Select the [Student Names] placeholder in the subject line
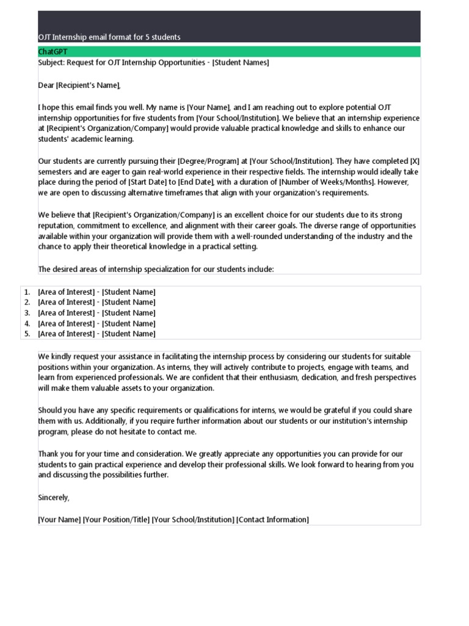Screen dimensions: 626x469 (x=240, y=62)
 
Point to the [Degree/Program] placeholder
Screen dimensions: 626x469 (x=208, y=161)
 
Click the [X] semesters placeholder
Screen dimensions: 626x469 (x=415, y=161)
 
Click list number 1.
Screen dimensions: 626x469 (x=27, y=292)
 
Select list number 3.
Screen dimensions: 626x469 (x=27, y=313)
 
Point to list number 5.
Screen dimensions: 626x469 (x=27, y=334)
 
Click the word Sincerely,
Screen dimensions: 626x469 (x=54, y=498)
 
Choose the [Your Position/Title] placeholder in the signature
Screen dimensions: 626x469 (x=116, y=520)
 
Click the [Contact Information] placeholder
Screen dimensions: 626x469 (x=272, y=520)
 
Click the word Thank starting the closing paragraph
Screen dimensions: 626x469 (x=48, y=454)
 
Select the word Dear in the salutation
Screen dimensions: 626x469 (x=46, y=85)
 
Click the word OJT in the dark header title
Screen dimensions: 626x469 (x=45, y=37)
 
